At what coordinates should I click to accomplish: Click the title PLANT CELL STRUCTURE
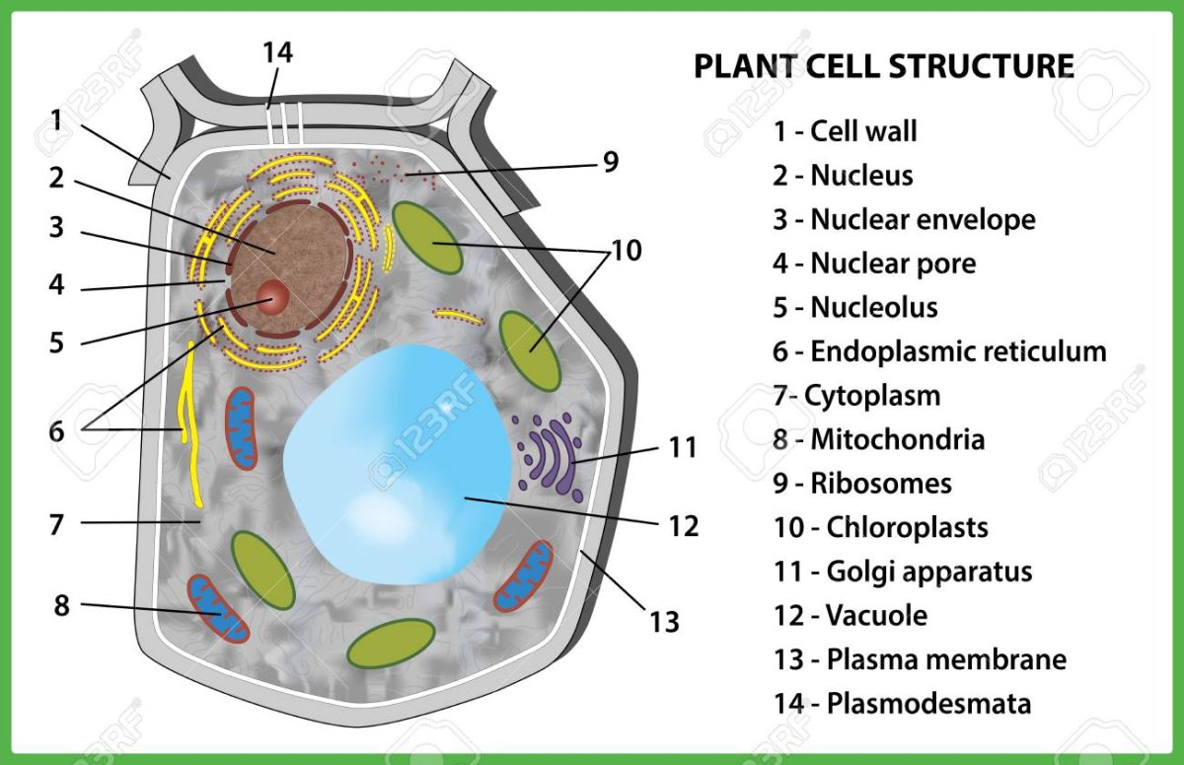coord(883,66)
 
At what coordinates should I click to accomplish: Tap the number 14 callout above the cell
coord(278,53)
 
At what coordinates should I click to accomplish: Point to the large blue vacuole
coord(395,464)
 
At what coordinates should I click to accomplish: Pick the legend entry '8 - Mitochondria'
coord(878,439)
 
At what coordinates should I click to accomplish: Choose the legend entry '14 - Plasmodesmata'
coord(902,703)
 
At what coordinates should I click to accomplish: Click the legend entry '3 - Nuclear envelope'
coord(904,219)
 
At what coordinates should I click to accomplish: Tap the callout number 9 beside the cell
coord(611,162)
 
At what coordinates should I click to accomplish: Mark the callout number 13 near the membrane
coord(665,621)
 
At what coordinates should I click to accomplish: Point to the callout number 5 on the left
coord(56,343)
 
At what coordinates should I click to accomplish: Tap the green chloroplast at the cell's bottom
coord(392,643)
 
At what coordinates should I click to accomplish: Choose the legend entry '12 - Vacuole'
coord(850,615)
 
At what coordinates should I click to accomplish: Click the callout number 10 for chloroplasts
coord(626,251)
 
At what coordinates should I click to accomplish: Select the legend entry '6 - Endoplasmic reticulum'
coord(939,351)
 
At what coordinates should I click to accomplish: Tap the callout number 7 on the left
coord(56,523)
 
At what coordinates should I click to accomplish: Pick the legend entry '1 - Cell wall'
coord(845,131)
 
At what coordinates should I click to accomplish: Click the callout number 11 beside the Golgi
coord(682,447)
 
